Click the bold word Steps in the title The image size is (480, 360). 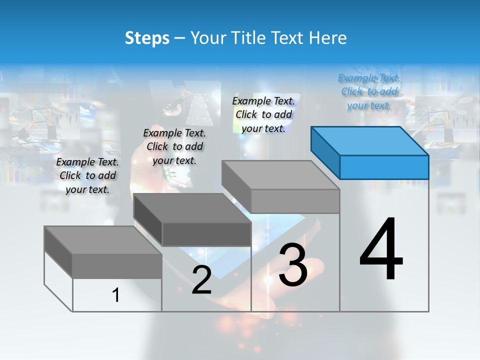[x=146, y=38]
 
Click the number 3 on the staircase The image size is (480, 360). [x=293, y=265]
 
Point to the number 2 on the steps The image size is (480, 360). [x=201, y=280]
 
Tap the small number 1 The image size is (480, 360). [x=116, y=295]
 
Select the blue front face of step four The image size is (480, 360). [x=384, y=167]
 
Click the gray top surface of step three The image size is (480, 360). [x=280, y=175]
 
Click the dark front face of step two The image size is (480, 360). [x=206, y=234]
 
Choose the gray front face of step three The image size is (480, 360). [x=295, y=201]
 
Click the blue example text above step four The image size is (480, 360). [x=369, y=91]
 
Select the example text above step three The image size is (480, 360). [x=263, y=114]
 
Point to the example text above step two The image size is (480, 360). [x=174, y=146]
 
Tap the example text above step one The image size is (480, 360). [x=87, y=175]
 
